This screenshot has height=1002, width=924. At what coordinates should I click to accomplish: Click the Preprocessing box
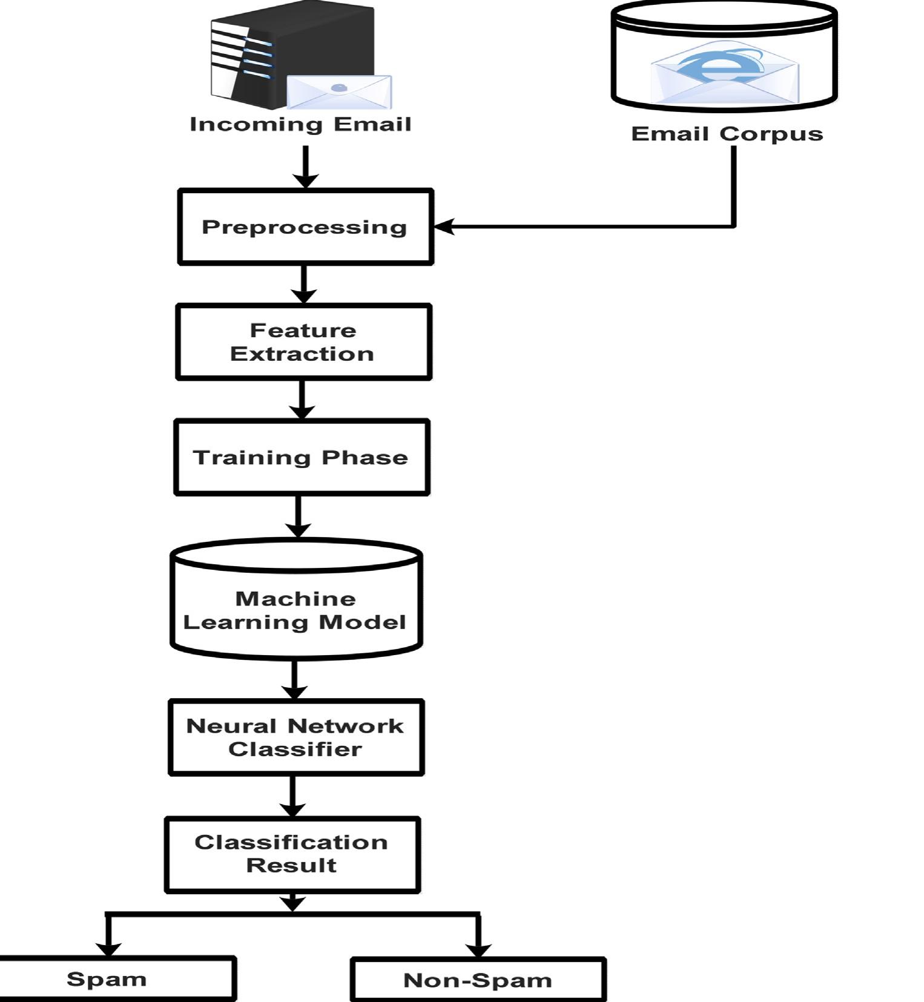tap(305, 227)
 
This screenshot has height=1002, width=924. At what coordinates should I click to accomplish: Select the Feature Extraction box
tap(303, 342)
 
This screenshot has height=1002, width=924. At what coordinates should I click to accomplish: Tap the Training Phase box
tap(301, 457)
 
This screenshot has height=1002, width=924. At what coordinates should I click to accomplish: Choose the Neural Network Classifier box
tap(295, 737)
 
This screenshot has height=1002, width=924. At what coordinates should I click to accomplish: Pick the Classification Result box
tap(292, 854)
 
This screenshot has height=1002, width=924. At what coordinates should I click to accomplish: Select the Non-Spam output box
tap(478, 980)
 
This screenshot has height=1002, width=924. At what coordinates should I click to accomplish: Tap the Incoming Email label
tap(300, 124)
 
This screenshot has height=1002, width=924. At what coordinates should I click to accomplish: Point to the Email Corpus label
tap(727, 134)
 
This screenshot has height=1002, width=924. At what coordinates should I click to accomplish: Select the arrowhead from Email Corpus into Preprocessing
tap(444, 227)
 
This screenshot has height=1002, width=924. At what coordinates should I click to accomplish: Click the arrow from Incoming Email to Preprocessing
tap(306, 166)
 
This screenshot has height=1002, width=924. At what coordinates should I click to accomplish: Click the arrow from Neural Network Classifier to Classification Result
tap(293, 796)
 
